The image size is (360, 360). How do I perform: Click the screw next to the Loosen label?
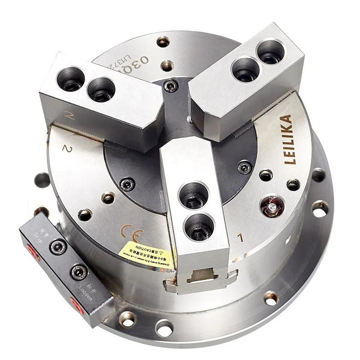point(79,272)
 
